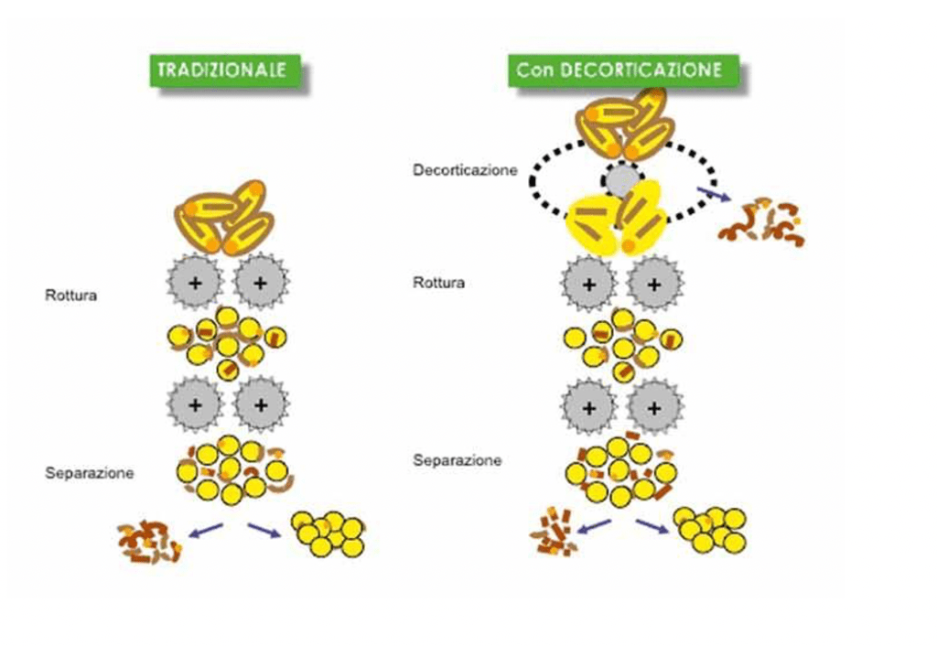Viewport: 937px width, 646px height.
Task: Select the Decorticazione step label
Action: (x=465, y=169)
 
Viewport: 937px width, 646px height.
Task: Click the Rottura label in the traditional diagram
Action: (x=70, y=296)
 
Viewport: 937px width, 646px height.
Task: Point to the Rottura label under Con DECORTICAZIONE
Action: (x=438, y=283)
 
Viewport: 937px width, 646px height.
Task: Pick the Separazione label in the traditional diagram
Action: (x=90, y=473)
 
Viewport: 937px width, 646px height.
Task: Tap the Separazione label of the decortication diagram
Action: (x=457, y=460)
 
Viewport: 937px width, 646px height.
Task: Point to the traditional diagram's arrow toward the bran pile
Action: (x=206, y=528)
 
